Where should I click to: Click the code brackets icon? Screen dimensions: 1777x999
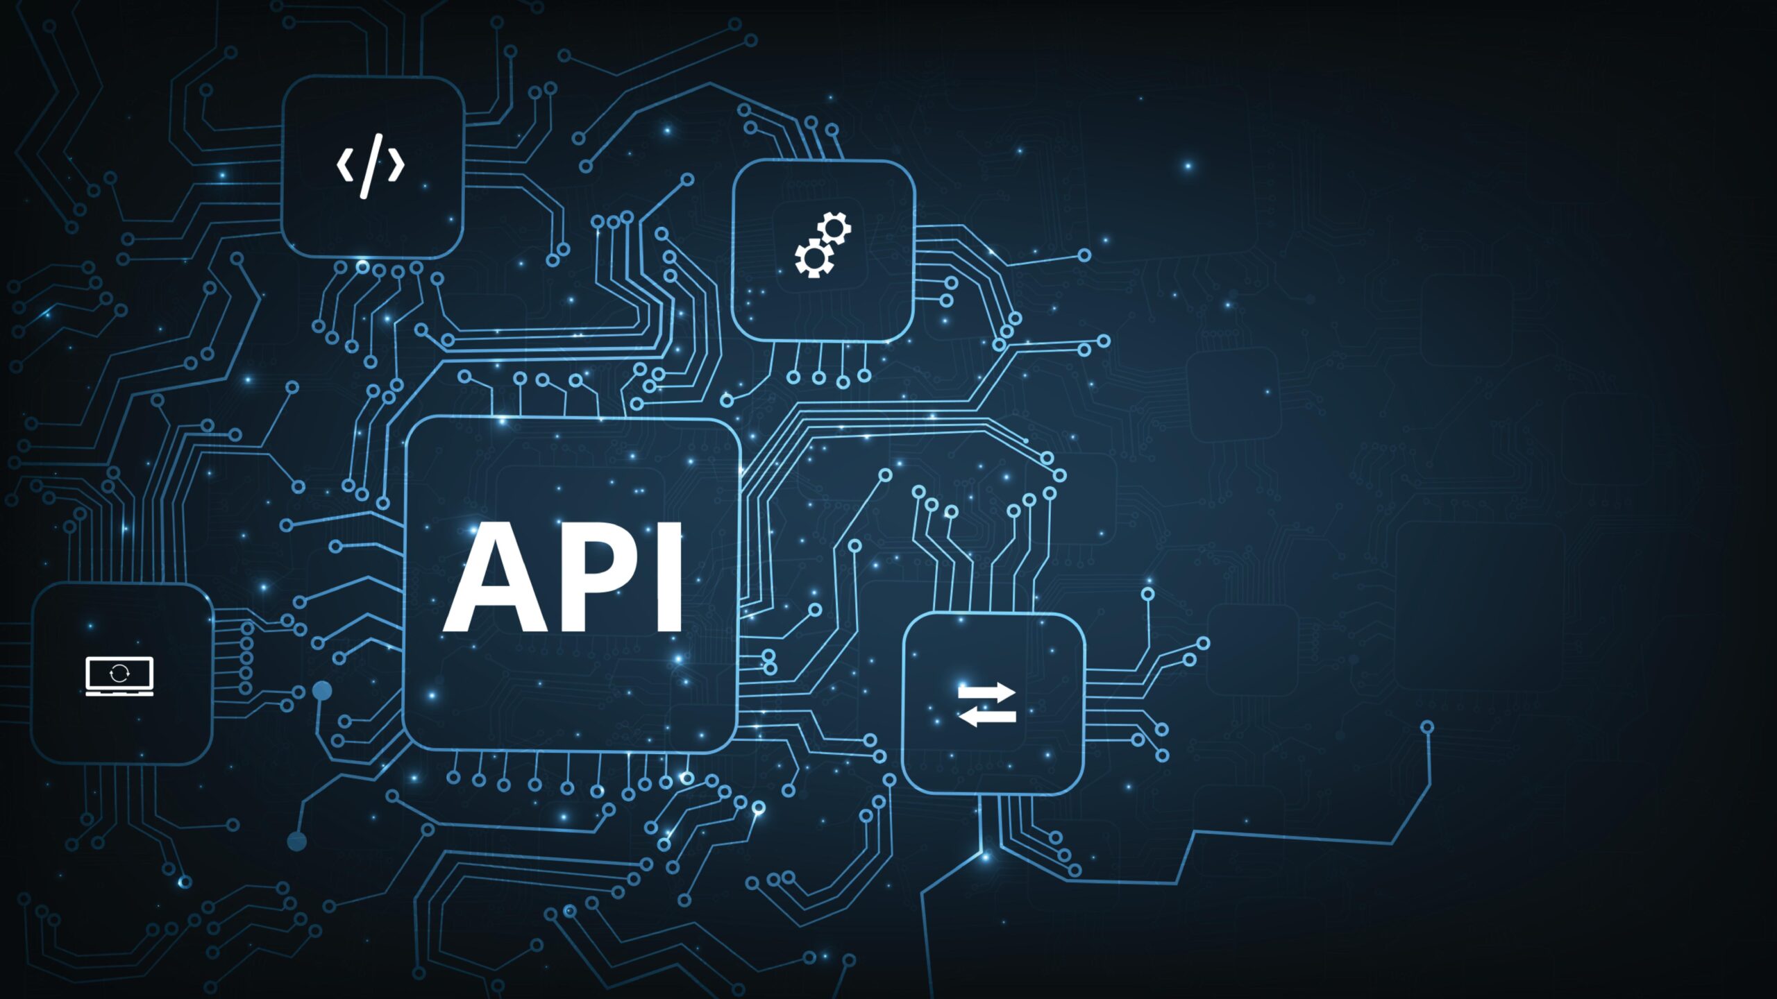tap(371, 166)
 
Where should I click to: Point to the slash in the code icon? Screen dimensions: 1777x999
tap(371, 166)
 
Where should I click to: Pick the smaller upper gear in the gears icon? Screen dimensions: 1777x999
tap(834, 228)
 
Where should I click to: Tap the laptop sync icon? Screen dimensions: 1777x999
tap(119, 675)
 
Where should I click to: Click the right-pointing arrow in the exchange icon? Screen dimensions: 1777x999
tap(986, 691)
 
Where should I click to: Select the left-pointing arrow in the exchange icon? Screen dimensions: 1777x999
tap(986, 716)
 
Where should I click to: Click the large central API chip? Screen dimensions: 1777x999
tap(571, 584)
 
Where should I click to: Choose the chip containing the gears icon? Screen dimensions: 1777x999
tap(823, 250)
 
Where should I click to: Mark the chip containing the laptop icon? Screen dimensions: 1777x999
tap(122, 673)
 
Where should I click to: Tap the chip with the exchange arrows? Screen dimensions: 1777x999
tap(993, 703)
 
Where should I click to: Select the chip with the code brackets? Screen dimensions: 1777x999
tap(373, 167)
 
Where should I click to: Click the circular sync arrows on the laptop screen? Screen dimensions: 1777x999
tap(119, 672)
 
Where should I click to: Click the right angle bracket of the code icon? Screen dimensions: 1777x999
tap(396, 166)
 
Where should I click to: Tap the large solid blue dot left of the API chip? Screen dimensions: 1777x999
tap(322, 690)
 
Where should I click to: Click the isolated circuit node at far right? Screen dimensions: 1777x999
tap(1427, 727)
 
